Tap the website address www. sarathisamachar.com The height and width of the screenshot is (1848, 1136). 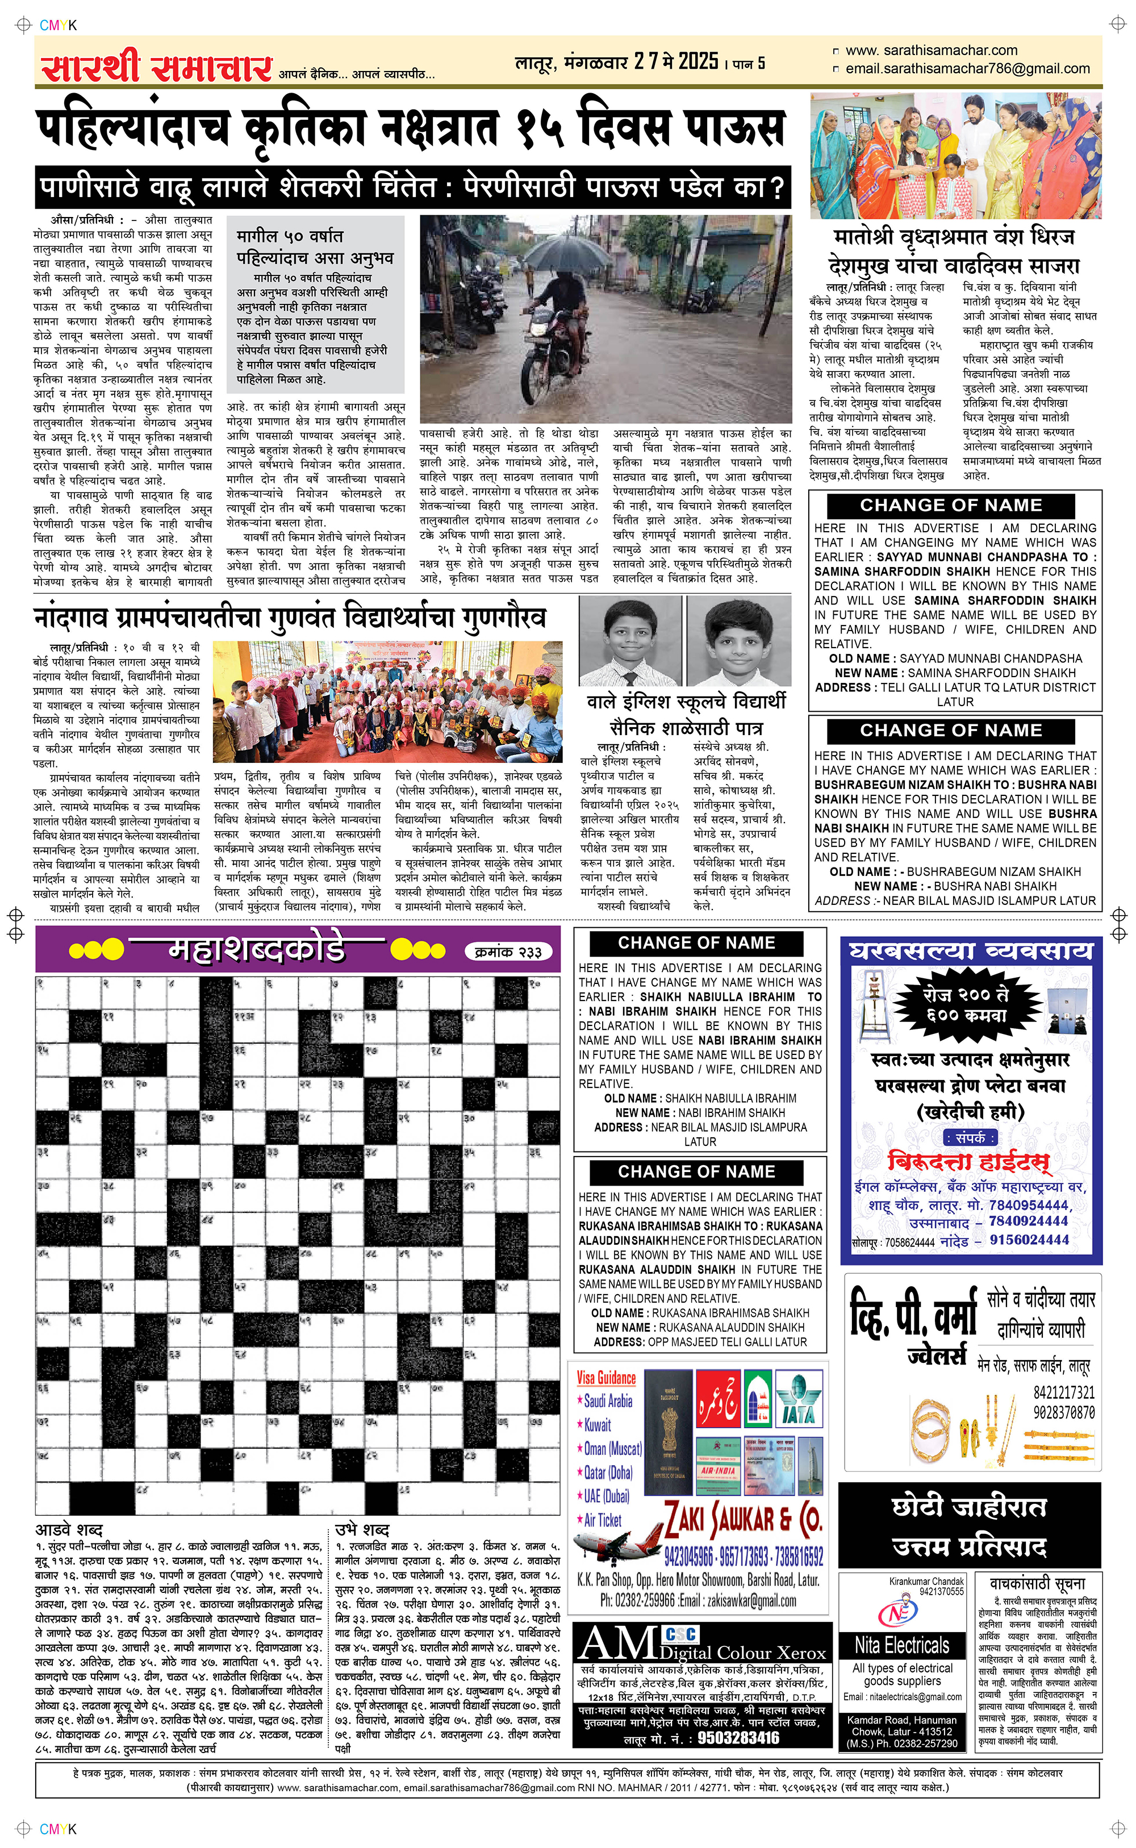pos(931,51)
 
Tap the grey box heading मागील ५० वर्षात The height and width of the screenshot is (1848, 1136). pos(290,236)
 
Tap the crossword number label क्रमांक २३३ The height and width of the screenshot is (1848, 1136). pos(509,952)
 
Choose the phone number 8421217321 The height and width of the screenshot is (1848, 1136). pos(1063,1392)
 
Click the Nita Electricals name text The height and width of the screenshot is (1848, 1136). pos(901,1645)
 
